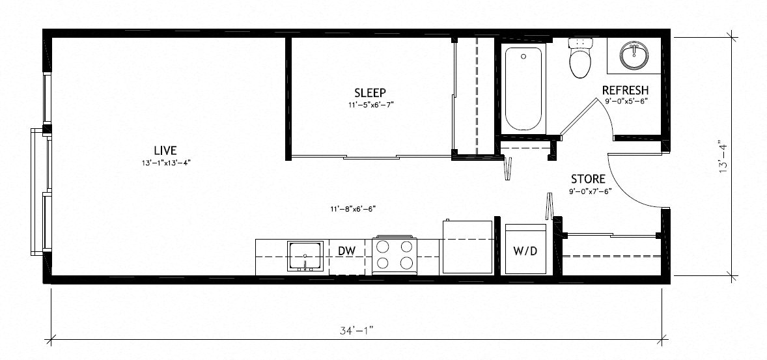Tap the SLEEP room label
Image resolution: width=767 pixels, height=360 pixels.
370,92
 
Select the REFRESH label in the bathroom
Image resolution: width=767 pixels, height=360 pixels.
625,90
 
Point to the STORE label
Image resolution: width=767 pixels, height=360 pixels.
589,179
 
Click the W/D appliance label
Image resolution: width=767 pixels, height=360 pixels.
525,251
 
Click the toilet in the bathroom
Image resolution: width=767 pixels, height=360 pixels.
580,59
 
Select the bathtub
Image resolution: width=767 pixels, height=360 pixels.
523,89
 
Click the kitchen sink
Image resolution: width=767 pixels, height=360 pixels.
305,256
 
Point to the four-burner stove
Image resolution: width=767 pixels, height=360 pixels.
395,255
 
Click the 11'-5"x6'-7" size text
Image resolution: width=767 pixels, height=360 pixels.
370,104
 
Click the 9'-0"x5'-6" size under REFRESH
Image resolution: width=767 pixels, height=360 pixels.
625,102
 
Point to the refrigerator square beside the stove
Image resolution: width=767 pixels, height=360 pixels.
467,247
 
